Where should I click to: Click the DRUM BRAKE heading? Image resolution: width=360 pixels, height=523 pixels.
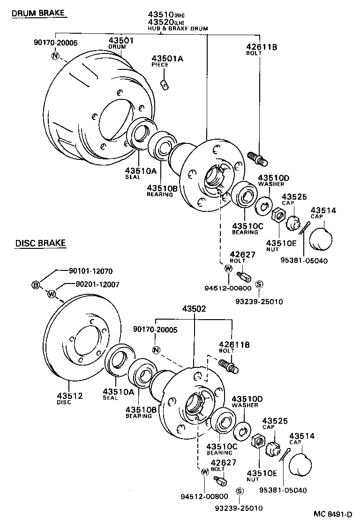[38, 13]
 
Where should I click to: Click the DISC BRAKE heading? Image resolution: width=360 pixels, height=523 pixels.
[40, 243]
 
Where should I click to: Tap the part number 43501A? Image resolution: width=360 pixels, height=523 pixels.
[167, 59]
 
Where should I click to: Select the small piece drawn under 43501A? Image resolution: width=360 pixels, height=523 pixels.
[165, 85]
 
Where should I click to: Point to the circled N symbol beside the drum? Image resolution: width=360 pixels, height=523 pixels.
[55, 56]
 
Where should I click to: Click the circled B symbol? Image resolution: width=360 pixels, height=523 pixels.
[36, 285]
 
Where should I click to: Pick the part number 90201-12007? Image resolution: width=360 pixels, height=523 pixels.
[97, 284]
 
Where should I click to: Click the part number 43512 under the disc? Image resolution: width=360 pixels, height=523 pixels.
[70, 396]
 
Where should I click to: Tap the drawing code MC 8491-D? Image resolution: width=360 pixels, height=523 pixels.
[333, 514]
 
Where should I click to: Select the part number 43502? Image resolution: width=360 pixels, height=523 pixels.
[194, 309]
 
